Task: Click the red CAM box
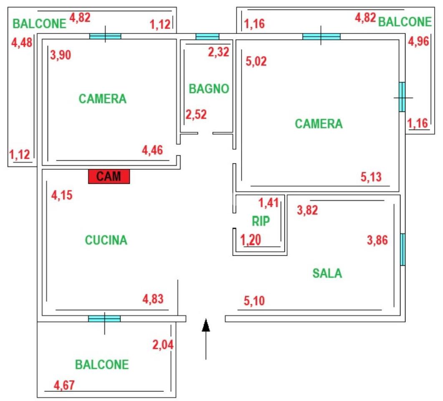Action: point(109,176)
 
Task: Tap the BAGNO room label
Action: point(209,89)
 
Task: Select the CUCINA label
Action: point(106,240)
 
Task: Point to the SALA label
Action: point(327,274)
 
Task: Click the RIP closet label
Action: point(261,221)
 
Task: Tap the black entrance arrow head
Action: point(206,325)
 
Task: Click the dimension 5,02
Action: point(257,61)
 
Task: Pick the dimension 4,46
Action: point(153,150)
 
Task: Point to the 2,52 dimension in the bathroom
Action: point(196,114)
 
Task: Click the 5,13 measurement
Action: point(371,177)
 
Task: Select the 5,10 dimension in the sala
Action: point(254,300)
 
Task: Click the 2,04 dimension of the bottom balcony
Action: point(163,345)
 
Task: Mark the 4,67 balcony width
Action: point(64,385)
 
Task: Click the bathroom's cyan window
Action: point(207,37)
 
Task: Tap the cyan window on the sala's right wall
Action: point(403,249)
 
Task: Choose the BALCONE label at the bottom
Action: point(102,364)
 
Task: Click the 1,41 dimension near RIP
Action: point(269,203)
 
